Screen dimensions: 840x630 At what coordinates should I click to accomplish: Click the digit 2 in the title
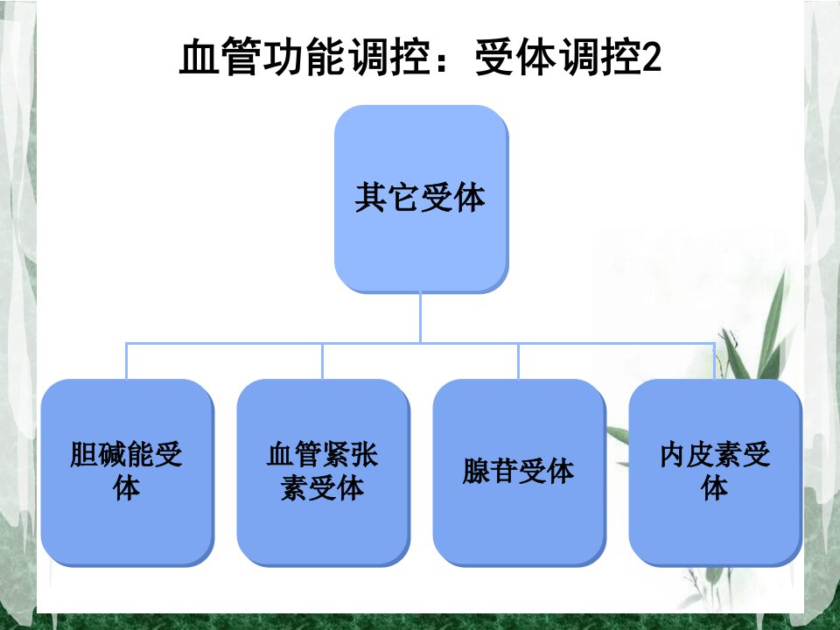coord(651,57)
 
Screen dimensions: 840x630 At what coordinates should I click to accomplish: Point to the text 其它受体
coord(421,197)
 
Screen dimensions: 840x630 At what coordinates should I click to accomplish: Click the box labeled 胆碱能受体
coord(128,472)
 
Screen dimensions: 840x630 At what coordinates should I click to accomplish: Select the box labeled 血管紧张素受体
coord(323,472)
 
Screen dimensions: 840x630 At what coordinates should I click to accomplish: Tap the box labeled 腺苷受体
coord(519,472)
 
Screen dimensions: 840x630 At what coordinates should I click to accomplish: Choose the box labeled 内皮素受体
coord(715,472)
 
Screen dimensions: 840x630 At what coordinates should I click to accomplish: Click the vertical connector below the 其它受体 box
coord(421,317)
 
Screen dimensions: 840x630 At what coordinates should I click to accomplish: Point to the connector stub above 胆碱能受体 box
coord(126,361)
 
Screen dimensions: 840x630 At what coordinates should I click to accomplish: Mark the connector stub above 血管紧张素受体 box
coord(323,361)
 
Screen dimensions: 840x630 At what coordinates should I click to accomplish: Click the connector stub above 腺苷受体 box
coord(518,361)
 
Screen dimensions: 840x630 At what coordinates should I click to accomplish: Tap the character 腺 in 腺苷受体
coord(476,472)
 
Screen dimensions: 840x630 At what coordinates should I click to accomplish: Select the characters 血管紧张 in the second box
coord(323,454)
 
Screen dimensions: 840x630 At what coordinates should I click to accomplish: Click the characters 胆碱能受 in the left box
coord(126,454)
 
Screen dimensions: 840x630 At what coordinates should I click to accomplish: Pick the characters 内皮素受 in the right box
coord(715,454)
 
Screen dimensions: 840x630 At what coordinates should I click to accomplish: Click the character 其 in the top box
coord(371,197)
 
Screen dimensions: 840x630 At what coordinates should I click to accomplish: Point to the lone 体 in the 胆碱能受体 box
coord(126,487)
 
